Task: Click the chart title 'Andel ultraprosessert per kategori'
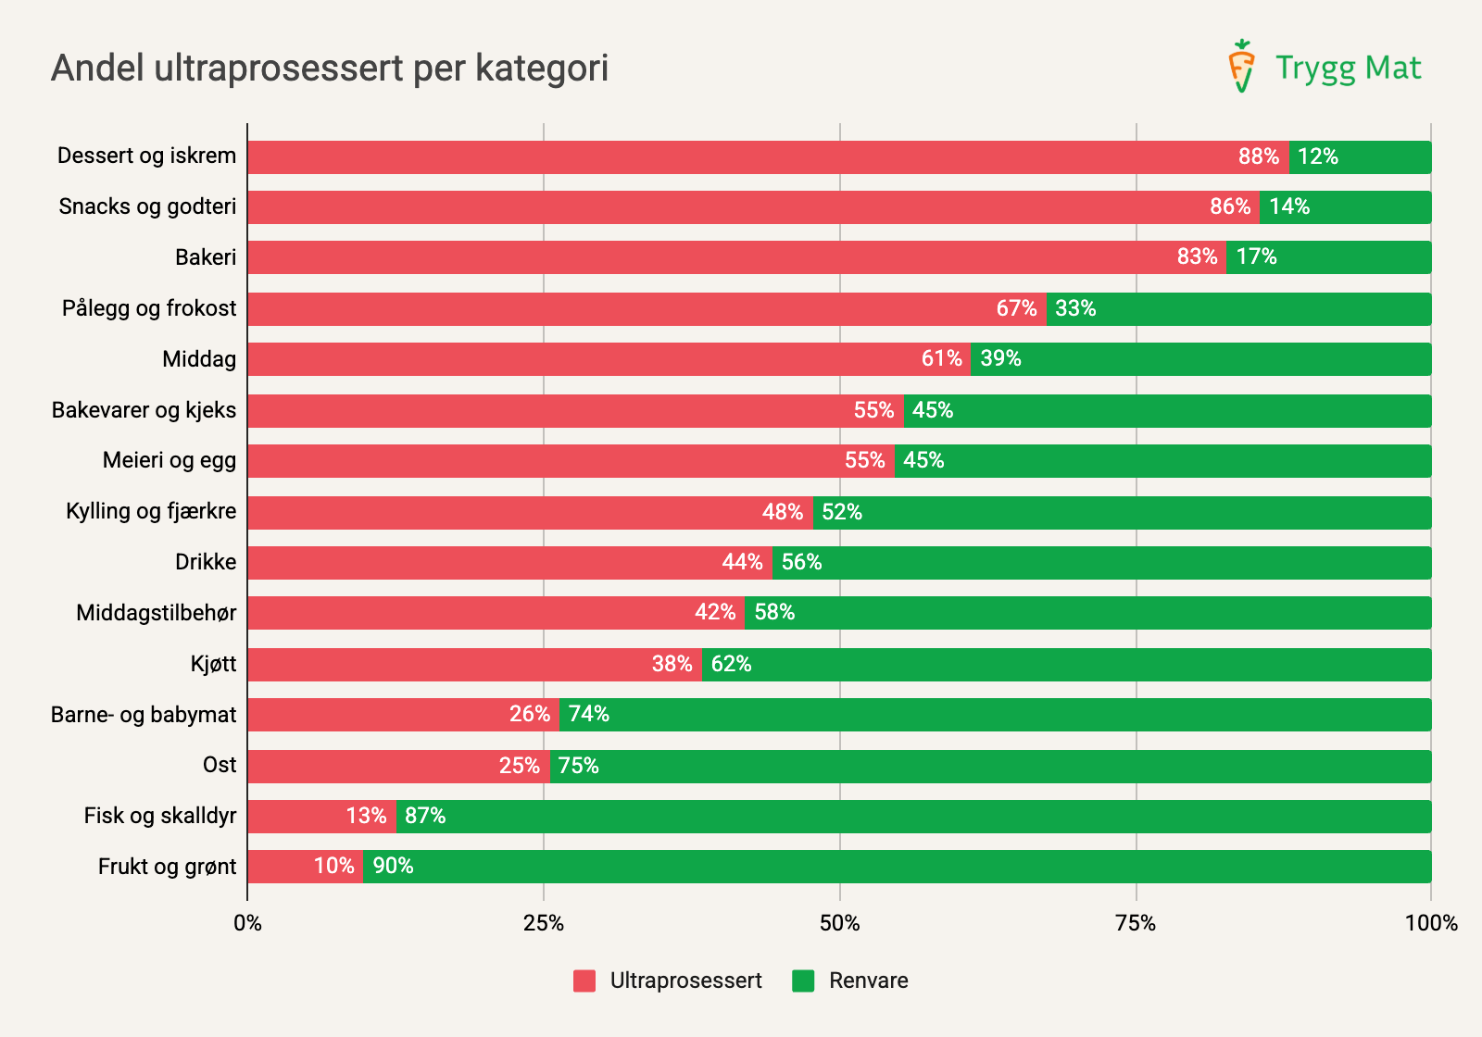(x=330, y=69)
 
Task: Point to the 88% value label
(x=1258, y=156)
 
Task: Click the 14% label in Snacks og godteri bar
(x=1289, y=206)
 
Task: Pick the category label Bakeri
(x=206, y=257)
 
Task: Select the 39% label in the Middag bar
(x=1000, y=358)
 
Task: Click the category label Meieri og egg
(x=170, y=460)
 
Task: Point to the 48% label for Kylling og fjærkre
(x=782, y=512)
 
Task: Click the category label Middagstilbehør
(x=157, y=613)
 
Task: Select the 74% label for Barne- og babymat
(x=589, y=714)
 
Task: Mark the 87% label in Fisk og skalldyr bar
(x=425, y=816)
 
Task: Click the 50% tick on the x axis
(x=839, y=923)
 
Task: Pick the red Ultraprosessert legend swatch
(x=584, y=981)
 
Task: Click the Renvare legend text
(x=868, y=981)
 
